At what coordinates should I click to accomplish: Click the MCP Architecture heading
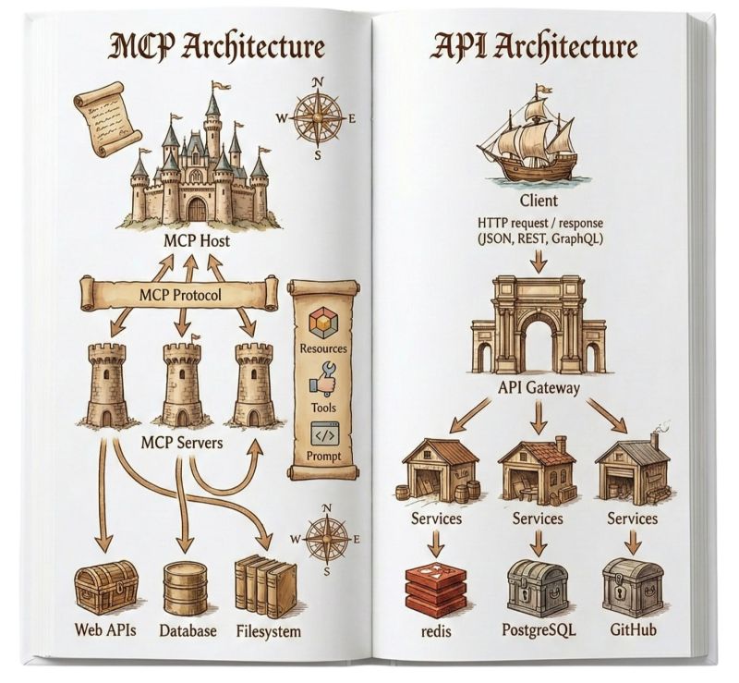218,47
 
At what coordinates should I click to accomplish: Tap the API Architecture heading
533,47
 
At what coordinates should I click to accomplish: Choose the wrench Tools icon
323,380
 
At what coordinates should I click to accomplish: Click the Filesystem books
265,586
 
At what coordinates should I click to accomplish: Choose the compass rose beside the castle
318,118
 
